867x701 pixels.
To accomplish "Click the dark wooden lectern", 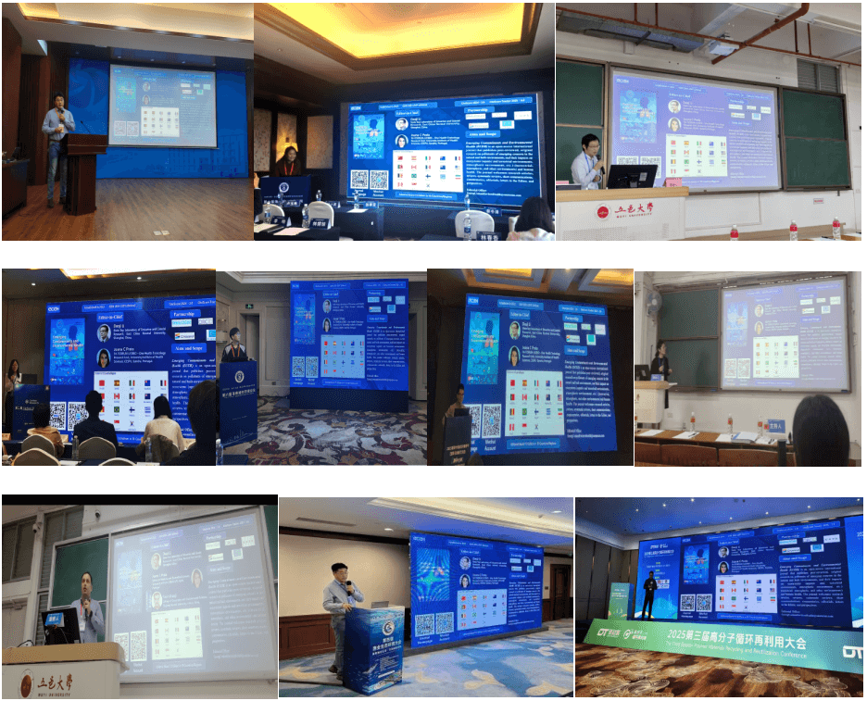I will [x=86, y=171].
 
